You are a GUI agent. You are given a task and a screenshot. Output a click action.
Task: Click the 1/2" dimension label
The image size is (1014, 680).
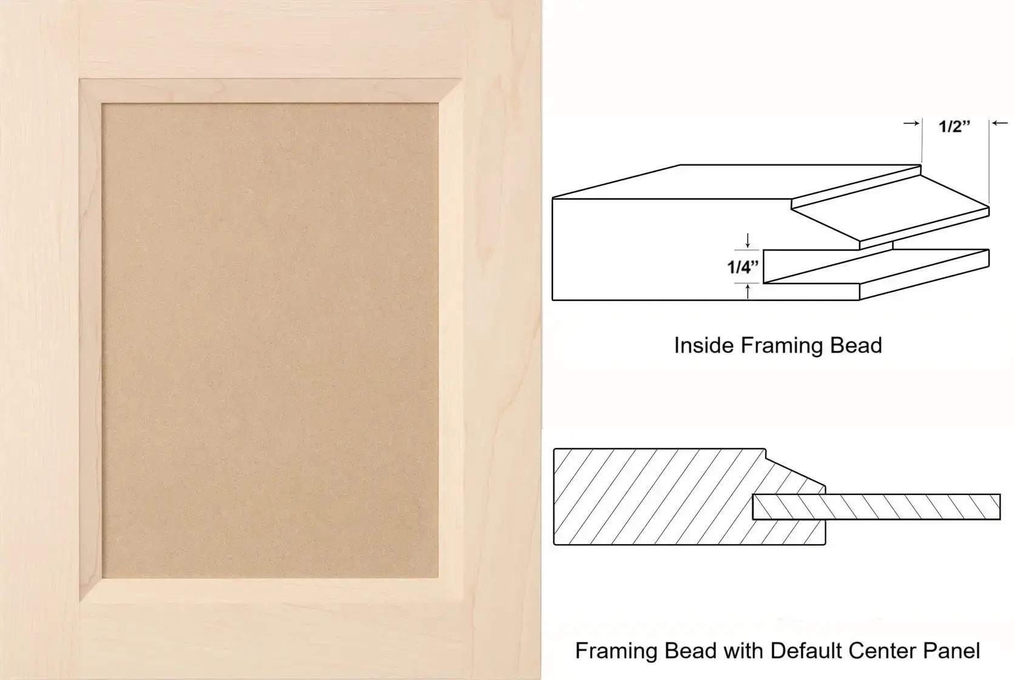(954, 126)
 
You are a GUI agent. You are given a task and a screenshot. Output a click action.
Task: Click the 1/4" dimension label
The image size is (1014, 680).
(743, 267)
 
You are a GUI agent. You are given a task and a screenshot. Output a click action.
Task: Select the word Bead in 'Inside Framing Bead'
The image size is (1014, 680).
(856, 345)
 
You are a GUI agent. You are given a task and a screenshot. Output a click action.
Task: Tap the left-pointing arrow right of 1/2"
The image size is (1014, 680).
(999, 123)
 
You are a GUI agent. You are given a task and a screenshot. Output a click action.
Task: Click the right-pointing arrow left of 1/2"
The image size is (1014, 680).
(911, 123)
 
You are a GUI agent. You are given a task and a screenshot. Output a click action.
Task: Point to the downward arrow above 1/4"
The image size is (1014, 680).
(747, 240)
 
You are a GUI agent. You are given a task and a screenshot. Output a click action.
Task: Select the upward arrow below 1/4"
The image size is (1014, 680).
(747, 291)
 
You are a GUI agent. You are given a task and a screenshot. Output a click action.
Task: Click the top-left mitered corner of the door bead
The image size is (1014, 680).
(90, 92)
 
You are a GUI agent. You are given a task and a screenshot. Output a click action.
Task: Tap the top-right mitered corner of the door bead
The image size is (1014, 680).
(450, 92)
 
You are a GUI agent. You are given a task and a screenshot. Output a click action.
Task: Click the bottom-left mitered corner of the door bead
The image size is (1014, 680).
(90, 590)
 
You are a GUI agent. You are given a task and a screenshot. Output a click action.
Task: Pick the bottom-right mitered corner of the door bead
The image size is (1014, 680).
(450, 590)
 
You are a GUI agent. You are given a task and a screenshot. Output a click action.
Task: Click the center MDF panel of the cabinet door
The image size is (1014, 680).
(270, 341)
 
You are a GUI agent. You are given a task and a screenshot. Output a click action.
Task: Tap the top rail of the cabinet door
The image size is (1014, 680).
(270, 40)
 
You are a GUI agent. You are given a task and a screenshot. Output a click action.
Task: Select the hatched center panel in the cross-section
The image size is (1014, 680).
(876, 506)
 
